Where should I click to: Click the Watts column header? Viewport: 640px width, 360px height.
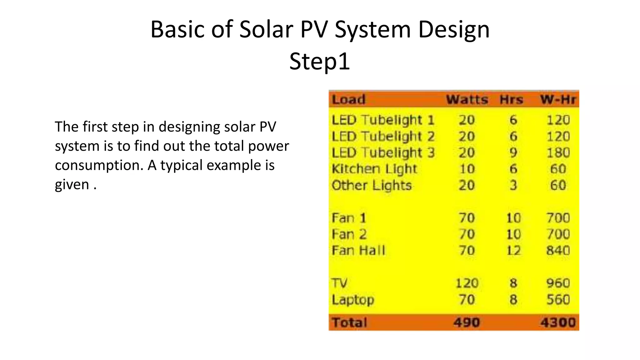click(x=467, y=100)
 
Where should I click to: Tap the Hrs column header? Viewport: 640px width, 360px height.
click(x=511, y=100)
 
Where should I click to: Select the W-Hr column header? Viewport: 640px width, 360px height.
click(x=558, y=100)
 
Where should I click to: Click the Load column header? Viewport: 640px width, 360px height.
click(x=348, y=100)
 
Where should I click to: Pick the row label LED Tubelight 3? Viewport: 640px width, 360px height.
click(x=383, y=153)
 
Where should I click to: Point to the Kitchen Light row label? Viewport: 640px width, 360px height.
click(x=374, y=169)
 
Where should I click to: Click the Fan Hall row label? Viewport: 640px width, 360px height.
click(x=358, y=250)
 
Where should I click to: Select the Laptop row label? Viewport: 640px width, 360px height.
click(x=353, y=300)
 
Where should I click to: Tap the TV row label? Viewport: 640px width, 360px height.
click(x=340, y=283)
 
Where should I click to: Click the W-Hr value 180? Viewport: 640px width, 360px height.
click(x=558, y=153)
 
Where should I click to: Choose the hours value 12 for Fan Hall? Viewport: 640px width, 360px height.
click(x=513, y=250)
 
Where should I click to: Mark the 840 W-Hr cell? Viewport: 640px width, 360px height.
click(x=558, y=250)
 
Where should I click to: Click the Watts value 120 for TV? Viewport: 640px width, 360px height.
click(x=467, y=283)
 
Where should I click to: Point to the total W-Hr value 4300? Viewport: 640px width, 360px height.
click(x=558, y=322)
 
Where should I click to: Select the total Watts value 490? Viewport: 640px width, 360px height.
click(x=467, y=322)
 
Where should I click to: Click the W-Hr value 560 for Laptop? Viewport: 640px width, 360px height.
click(x=558, y=300)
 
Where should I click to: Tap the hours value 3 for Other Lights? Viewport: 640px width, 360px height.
click(x=513, y=185)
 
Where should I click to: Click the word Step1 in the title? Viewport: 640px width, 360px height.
click(x=319, y=61)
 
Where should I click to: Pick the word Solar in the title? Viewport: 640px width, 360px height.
click(x=266, y=29)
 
